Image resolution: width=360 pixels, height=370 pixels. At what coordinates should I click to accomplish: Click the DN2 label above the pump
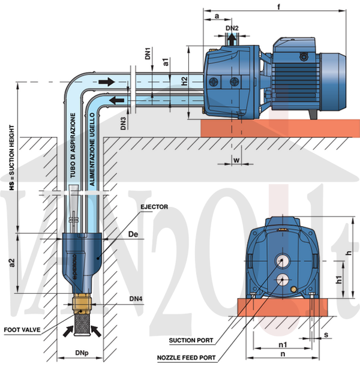tap(232, 28)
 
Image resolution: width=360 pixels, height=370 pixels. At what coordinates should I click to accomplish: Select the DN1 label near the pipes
tap(148, 54)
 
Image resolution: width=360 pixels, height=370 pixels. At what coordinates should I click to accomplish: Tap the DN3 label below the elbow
tap(123, 124)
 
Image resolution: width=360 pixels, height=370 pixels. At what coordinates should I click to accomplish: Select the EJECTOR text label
tap(155, 207)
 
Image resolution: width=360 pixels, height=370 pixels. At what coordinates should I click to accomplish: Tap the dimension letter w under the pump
tap(237, 160)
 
